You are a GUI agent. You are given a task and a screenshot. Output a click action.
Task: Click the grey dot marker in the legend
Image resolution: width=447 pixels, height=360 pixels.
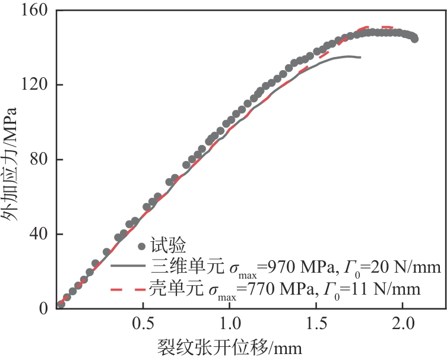click(141, 246)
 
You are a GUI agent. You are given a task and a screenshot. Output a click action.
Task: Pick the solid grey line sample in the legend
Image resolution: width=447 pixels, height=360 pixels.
click(128, 267)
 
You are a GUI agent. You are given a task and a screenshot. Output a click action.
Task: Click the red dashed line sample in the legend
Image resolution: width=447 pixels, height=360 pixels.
click(128, 289)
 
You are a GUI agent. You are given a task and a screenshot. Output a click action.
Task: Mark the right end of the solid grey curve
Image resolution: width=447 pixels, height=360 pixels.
click(360, 57)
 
